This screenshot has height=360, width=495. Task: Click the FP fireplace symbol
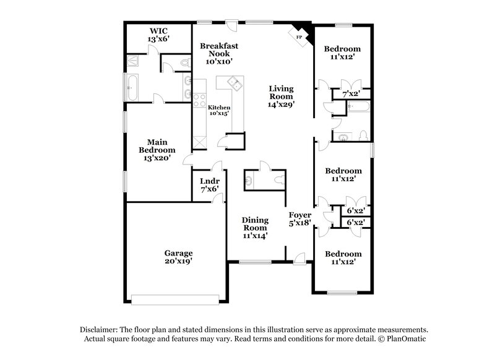pos(300,36)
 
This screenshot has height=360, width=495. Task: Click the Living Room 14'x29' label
pos(280,96)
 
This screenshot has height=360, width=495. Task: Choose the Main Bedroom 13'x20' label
pos(157,150)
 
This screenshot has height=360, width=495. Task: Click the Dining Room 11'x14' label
pos(254,227)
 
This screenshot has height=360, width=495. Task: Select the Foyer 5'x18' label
pos(300,219)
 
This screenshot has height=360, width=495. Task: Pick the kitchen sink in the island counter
pos(234,84)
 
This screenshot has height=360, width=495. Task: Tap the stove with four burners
pos(200,100)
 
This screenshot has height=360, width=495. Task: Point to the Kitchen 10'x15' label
pos(218,110)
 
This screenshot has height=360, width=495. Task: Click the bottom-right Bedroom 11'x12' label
pos(343,258)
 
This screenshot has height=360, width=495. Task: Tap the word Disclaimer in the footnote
pos(100,330)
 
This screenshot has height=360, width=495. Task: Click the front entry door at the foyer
pos(299,260)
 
